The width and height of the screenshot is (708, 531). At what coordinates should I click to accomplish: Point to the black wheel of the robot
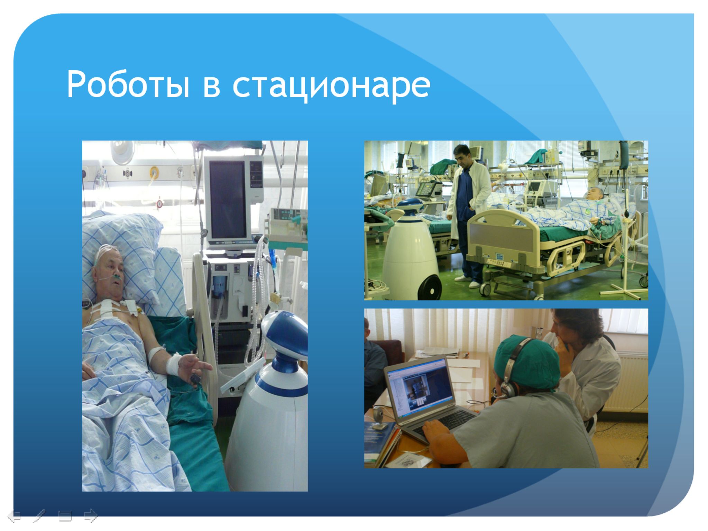click(430, 286)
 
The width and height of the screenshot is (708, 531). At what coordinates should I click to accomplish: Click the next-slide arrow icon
click(91, 516)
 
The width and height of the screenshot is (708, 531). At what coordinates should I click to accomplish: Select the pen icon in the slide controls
click(40, 516)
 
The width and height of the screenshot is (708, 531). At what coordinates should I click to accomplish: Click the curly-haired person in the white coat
click(585, 363)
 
